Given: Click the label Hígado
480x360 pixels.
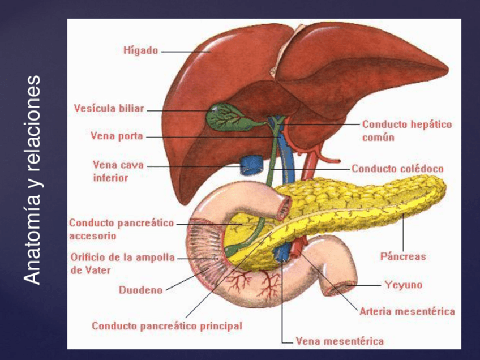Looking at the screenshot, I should pyautogui.click(x=140, y=51).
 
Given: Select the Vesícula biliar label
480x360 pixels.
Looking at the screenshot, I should pyautogui.click(x=109, y=109).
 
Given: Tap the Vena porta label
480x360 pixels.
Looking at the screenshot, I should pyautogui.click(x=117, y=136).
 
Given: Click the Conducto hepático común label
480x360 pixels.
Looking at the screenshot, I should pyautogui.click(x=406, y=131).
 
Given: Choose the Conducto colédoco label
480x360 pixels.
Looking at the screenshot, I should pyautogui.click(x=397, y=169).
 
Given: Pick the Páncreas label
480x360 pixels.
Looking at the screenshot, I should pyautogui.click(x=403, y=256).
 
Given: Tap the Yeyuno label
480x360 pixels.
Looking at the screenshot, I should pyautogui.click(x=403, y=285).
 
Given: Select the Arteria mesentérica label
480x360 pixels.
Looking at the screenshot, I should pyautogui.click(x=407, y=311).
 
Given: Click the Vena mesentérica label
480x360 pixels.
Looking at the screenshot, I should pyautogui.click(x=340, y=341).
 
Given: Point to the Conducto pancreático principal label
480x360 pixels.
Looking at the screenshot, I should pyautogui.click(x=167, y=326).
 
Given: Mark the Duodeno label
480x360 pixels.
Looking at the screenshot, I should pyautogui.click(x=140, y=290).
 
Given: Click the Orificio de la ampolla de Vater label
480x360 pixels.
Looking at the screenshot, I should pyautogui.click(x=122, y=263).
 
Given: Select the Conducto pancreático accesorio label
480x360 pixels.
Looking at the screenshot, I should pyautogui.click(x=121, y=229).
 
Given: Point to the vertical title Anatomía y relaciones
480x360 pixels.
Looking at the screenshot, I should pyautogui.click(x=33, y=179).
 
